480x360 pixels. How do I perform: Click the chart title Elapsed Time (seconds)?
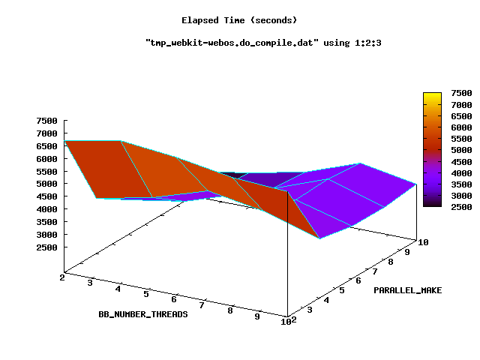239,19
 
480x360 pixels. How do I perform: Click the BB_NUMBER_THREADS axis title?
142,314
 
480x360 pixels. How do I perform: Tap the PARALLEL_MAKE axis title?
407,289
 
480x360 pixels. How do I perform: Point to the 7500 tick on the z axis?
46,121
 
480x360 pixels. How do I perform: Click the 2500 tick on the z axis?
46,247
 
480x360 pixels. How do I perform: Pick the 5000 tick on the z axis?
46,184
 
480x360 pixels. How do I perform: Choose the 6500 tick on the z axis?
46,146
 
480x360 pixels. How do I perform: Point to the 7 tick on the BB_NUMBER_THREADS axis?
202,304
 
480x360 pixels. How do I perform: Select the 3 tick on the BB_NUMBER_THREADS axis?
90,283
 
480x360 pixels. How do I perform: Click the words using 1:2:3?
361,43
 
